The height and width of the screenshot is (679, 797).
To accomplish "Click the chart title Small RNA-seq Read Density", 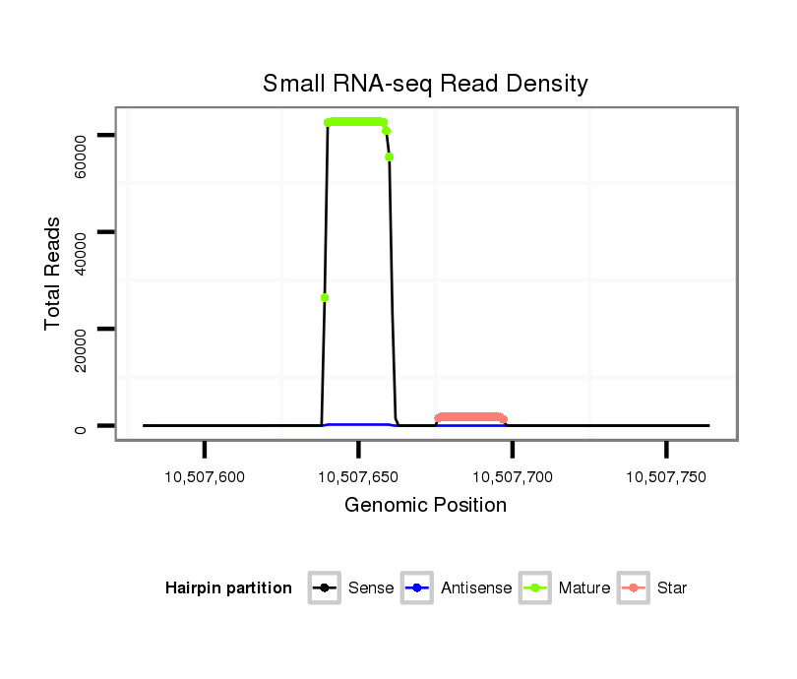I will (425, 84).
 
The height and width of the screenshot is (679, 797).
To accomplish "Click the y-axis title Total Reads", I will (53, 274).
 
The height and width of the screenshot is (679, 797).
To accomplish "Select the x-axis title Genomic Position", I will (425, 506).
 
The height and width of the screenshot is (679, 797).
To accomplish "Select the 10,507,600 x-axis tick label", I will (205, 476).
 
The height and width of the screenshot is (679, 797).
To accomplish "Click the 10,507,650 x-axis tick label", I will (358, 476).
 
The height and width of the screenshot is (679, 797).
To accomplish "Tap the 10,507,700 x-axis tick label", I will (513, 476).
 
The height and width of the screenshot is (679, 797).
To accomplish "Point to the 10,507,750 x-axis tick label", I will (666, 476).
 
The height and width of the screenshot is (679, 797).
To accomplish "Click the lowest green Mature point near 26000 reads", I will (325, 297).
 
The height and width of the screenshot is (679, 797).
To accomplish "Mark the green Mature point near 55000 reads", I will (390, 156).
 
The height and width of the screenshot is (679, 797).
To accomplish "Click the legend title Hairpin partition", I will (228, 588).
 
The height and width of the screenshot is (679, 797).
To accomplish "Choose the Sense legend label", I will (371, 588).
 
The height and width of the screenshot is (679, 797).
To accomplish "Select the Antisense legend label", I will (476, 588).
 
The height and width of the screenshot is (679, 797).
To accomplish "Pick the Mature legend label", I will (584, 588).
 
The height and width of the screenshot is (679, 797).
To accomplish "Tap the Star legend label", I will (672, 588).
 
